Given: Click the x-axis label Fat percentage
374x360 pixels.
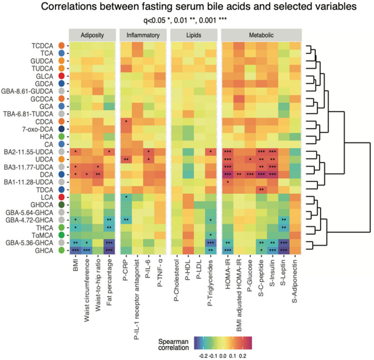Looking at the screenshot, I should click(x=110, y=285).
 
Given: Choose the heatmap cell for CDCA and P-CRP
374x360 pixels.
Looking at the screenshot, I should click(x=126, y=121).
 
